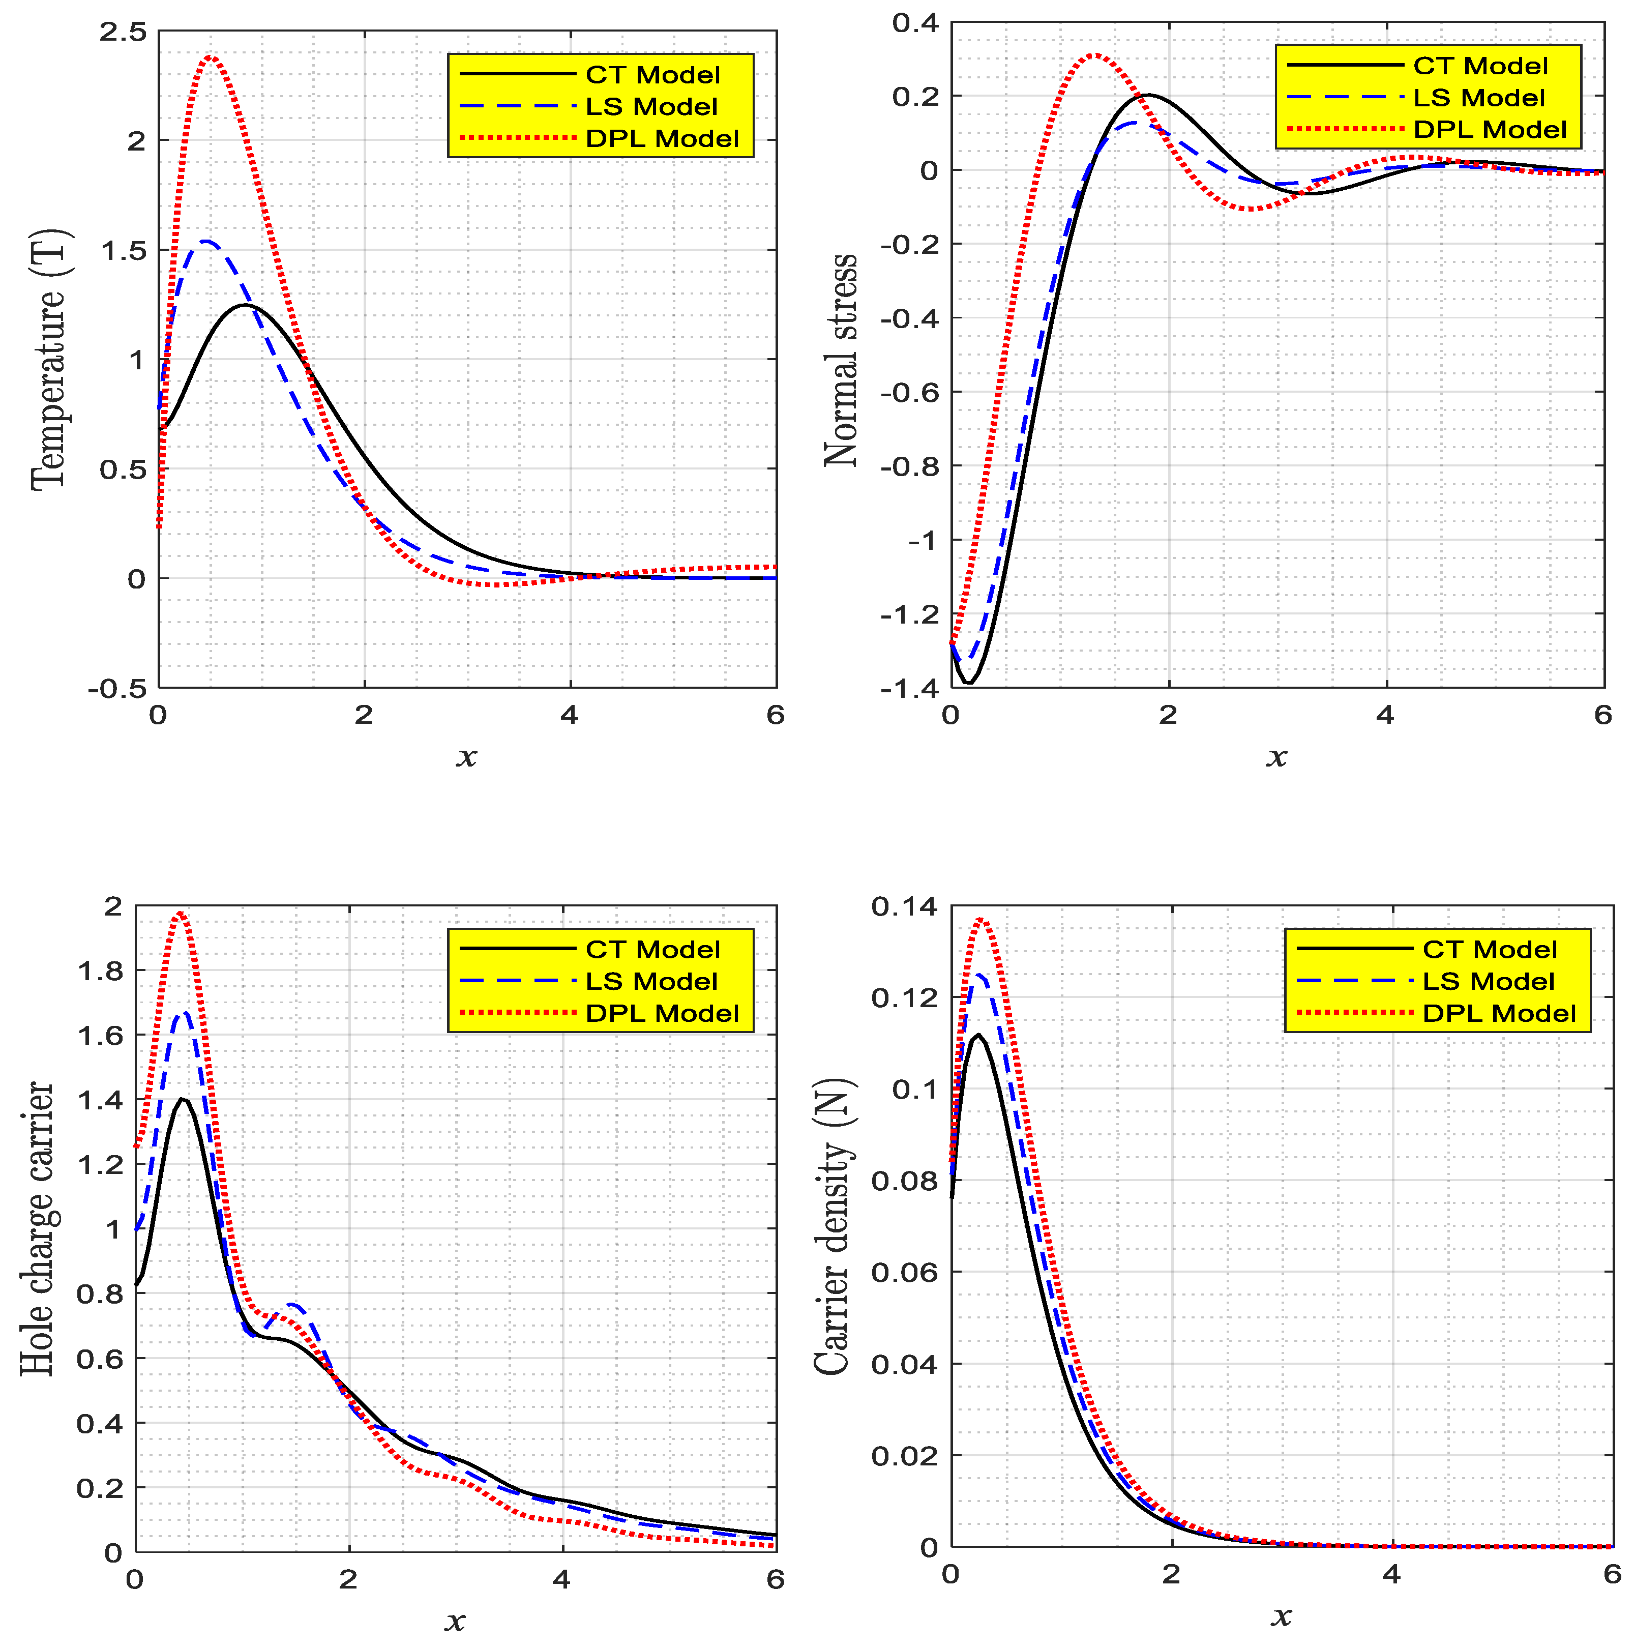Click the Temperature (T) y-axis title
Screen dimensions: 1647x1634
click(x=49, y=360)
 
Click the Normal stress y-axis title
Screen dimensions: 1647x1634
click(x=841, y=360)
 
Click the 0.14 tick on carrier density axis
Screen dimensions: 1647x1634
click(x=904, y=906)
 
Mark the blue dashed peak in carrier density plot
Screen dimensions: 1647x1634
click(x=980, y=975)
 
